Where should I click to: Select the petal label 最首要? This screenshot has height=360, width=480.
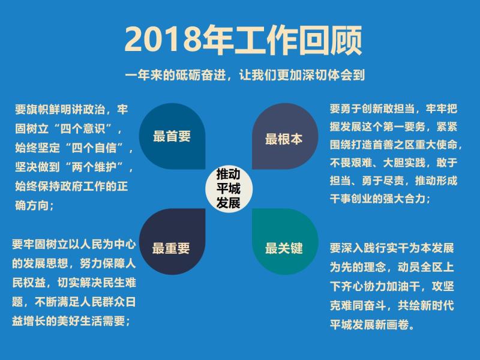[172, 136]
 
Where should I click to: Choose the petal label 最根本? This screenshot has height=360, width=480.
[284, 139]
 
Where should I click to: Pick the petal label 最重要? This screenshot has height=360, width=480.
[171, 248]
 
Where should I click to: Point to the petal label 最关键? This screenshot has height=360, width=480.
[284, 248]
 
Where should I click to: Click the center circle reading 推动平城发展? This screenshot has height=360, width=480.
[229, 188]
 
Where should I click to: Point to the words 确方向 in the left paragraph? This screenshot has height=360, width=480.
[32, 205]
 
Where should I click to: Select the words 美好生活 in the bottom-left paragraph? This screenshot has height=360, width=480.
[80, 321]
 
